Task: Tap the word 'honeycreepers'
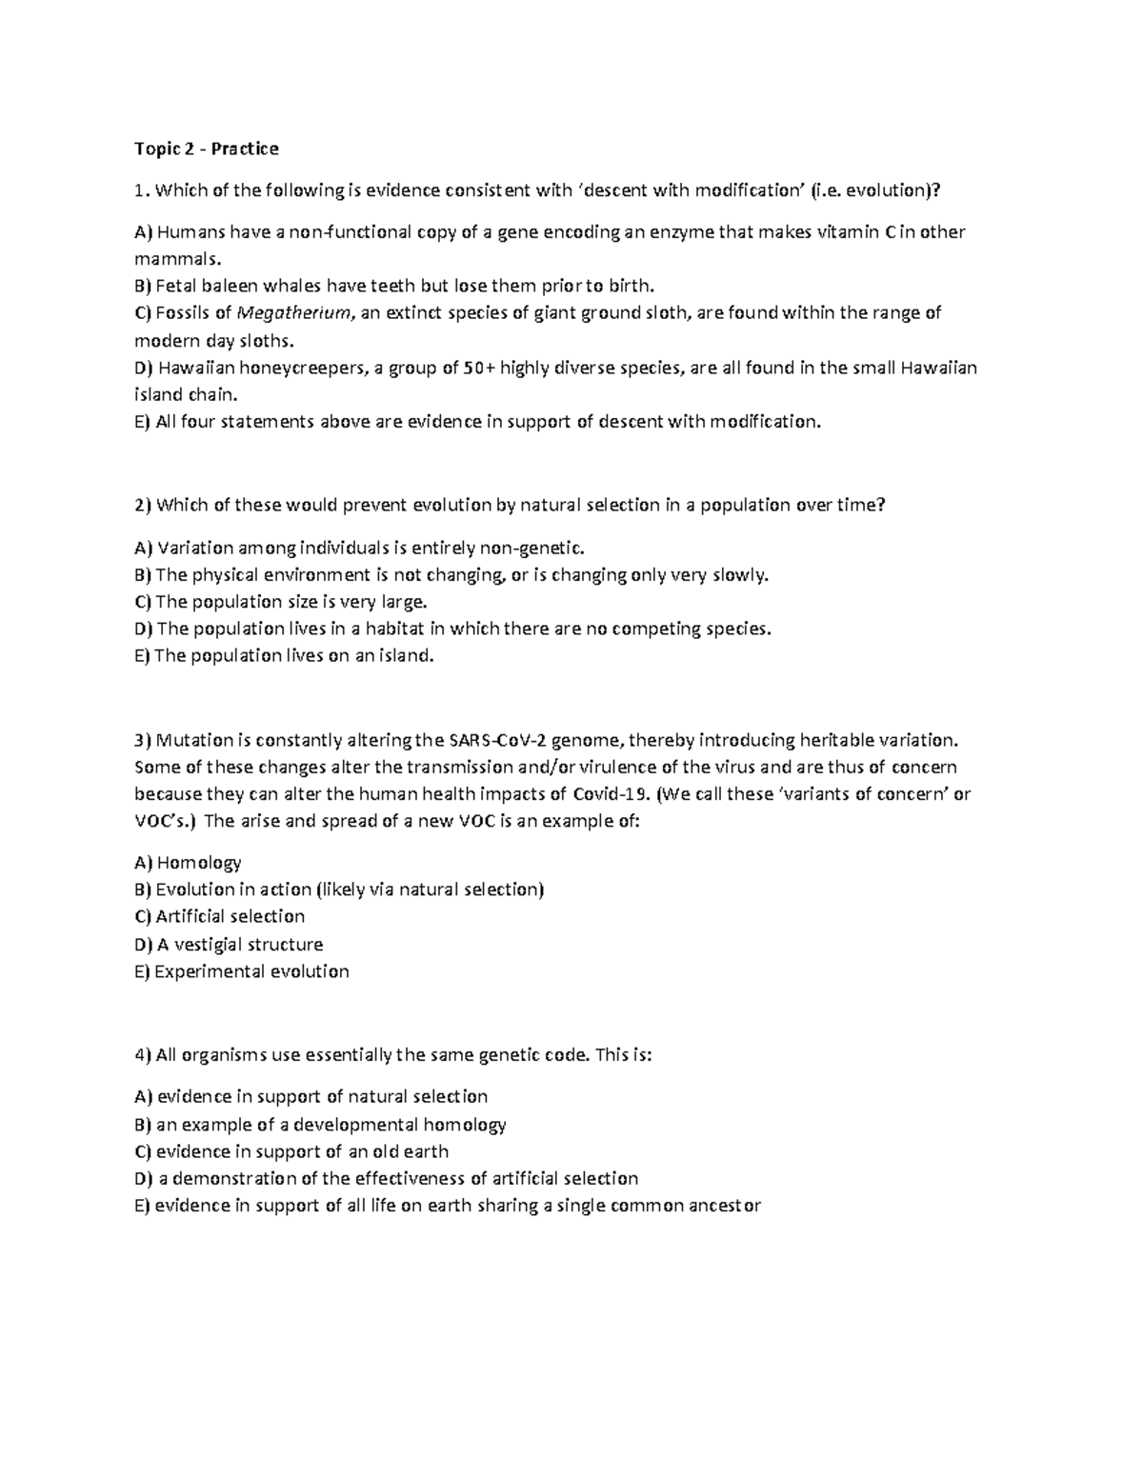click(303, 368)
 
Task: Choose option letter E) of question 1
click(142, 422)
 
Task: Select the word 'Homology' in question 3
click(198, 863)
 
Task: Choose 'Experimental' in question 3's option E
click(209, 971)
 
